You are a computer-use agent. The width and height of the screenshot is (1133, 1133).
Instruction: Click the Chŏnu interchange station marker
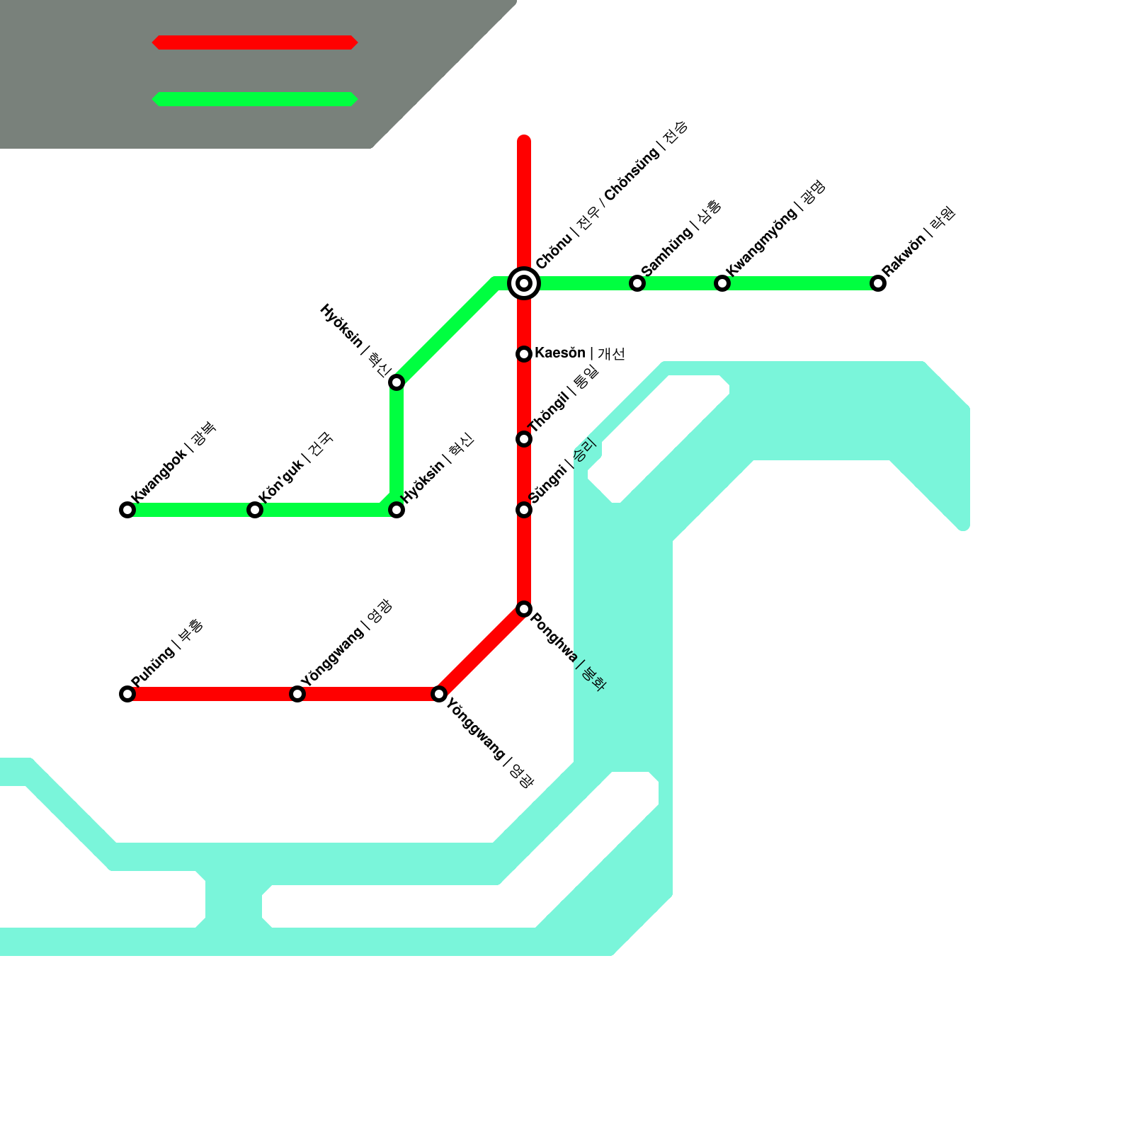524,283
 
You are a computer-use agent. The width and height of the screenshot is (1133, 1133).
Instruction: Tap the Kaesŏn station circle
524,354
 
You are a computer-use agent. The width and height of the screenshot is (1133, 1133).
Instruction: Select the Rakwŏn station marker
878,283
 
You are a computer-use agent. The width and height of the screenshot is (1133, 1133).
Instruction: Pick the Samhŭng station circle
637,283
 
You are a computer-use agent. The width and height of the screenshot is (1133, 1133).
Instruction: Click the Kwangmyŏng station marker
722,283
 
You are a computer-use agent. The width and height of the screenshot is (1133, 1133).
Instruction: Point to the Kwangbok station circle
127,510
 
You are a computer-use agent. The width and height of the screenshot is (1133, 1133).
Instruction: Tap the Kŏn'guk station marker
255,510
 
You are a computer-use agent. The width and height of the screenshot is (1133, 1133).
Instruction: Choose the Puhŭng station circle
127,694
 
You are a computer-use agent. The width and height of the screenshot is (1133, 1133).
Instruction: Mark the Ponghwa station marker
524,609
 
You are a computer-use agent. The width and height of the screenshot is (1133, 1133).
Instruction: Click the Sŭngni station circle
524,510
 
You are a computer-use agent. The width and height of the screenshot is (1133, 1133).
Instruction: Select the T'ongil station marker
524,439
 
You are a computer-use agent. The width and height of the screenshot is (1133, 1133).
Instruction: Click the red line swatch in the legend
255,42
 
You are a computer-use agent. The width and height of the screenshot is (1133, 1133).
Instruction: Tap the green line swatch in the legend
255,99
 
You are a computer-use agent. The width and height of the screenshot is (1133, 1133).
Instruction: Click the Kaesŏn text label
579,353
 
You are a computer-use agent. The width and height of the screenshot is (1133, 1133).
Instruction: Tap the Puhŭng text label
167,653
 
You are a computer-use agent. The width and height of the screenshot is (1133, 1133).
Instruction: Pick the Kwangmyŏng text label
775,228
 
